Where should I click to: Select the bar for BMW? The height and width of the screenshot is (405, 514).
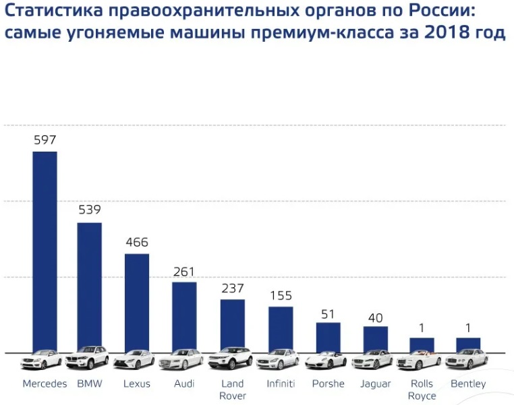[x=89, y=286]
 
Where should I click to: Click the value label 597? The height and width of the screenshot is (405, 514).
[x=45, y=140]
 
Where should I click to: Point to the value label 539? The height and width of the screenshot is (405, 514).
[x=90, y=210]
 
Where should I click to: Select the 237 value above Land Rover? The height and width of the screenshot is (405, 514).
[x=232, y=288]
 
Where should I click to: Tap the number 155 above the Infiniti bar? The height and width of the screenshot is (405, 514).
[x=281, y=295]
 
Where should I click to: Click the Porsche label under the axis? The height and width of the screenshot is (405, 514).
[x=329, y=384]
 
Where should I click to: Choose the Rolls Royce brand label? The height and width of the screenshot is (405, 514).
[x=422, y=390]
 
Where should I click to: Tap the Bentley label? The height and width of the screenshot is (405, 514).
[x=468, y=384]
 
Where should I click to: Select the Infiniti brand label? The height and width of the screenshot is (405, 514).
[x=281, y=384]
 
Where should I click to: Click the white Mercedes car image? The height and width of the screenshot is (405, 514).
[x=41, y=360]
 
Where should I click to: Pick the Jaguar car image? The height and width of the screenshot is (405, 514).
[x=372, y=360]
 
